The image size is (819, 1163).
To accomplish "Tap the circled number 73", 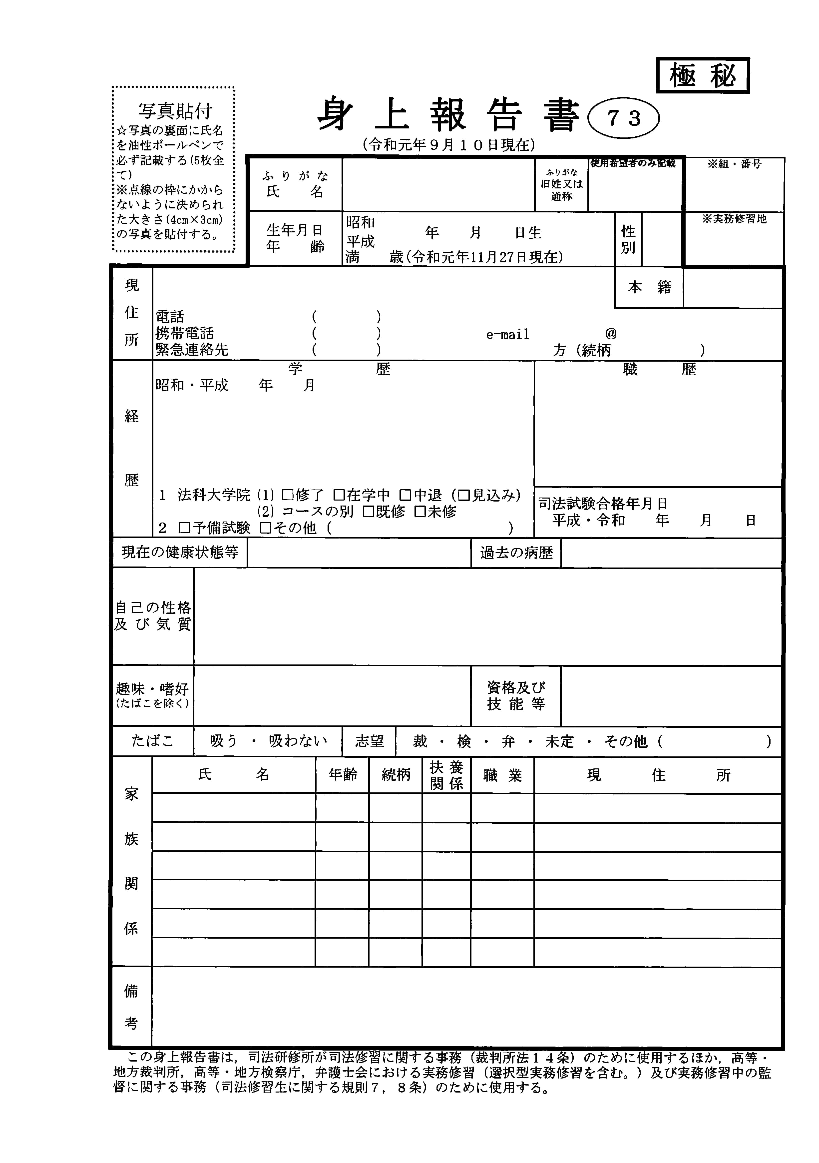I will [623, 118].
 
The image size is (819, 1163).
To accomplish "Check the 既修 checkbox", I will [368, 512].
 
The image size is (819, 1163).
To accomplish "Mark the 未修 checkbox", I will [419, 512].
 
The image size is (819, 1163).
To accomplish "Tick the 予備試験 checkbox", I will [184, 528].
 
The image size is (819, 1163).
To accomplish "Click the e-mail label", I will [507, 334].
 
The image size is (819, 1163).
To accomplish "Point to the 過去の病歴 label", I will [516, 553].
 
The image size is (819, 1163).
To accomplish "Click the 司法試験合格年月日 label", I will [603, 504].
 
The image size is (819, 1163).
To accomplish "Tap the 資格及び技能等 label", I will [516, 696].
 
